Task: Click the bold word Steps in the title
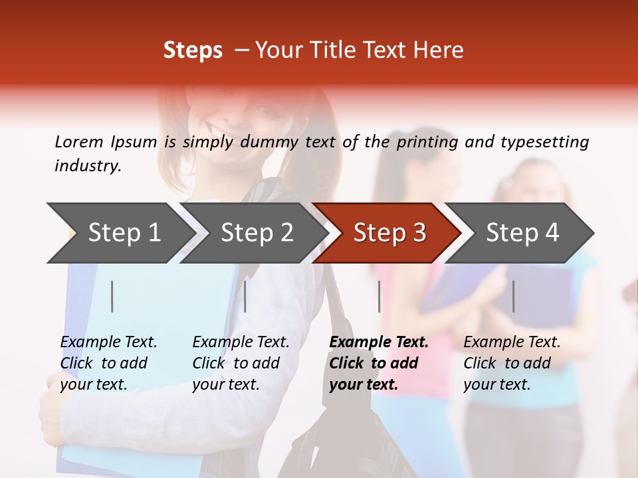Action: pos(193,50)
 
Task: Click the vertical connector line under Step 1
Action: pos(112,296)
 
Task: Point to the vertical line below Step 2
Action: pos(245,296)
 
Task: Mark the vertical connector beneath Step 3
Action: pos(379,296)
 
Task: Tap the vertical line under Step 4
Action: pos(513,296)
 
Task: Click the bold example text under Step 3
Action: pos(379,363)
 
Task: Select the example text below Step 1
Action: pos(108,363)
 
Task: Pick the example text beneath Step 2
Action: pos(241,363)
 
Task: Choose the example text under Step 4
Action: pos(512,363)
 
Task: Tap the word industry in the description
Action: pos(87,166)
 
